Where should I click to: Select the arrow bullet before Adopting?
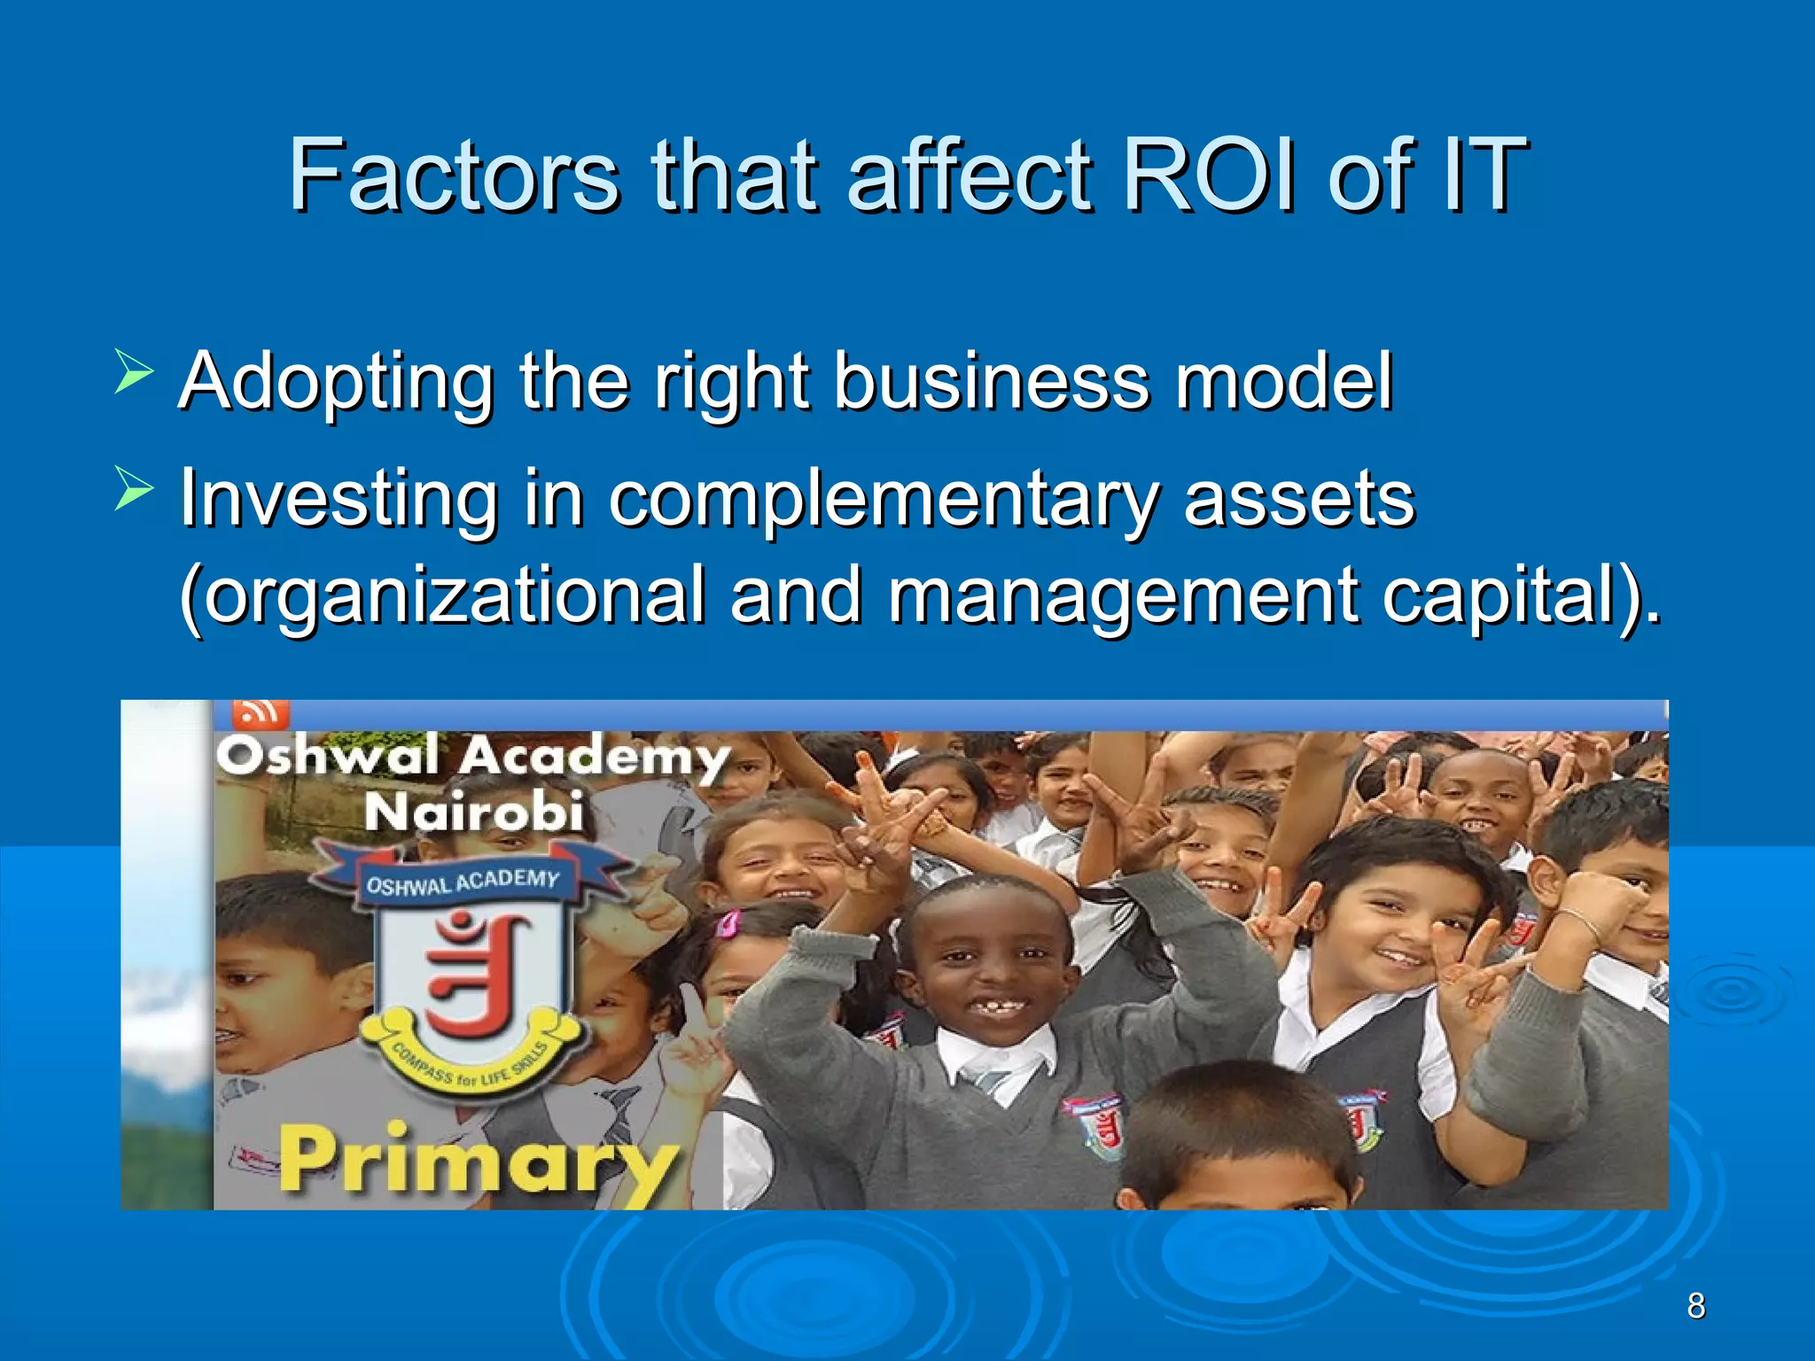(x=134, y=371)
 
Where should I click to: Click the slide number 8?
(x=1695, y=1306)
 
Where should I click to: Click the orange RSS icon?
(x=260, y=712)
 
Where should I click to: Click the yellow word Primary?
(x=479, y=1160)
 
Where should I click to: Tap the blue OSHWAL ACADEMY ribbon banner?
(x=463, y=882)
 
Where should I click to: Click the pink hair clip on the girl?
(x=728, y=924)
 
